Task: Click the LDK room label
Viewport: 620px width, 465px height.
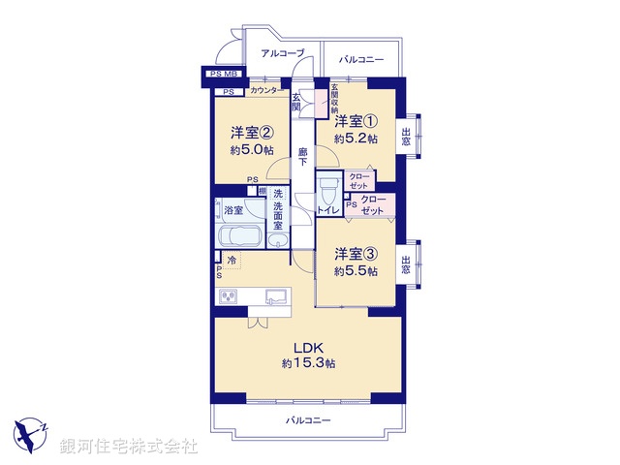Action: (x=308, y=348)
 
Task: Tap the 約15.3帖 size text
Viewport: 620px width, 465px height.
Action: (x=308, y=363)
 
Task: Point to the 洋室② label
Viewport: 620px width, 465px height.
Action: (x=251, y=133)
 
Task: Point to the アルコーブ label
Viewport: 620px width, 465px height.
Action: (x=282, y=53)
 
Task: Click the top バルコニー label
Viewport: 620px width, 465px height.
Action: (x=361, y=60)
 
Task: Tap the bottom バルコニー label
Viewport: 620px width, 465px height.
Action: (x=308, y=420)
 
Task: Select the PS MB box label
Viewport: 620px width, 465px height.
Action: (x=223, y=74)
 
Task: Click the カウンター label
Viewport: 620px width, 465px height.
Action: (x=266, y=91)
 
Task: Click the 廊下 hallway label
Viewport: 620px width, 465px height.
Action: (x=303, y=156)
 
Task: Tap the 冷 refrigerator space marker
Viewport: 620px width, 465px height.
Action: (x=232, y=260)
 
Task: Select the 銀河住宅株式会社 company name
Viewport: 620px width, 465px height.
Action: (x=128, y=447)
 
